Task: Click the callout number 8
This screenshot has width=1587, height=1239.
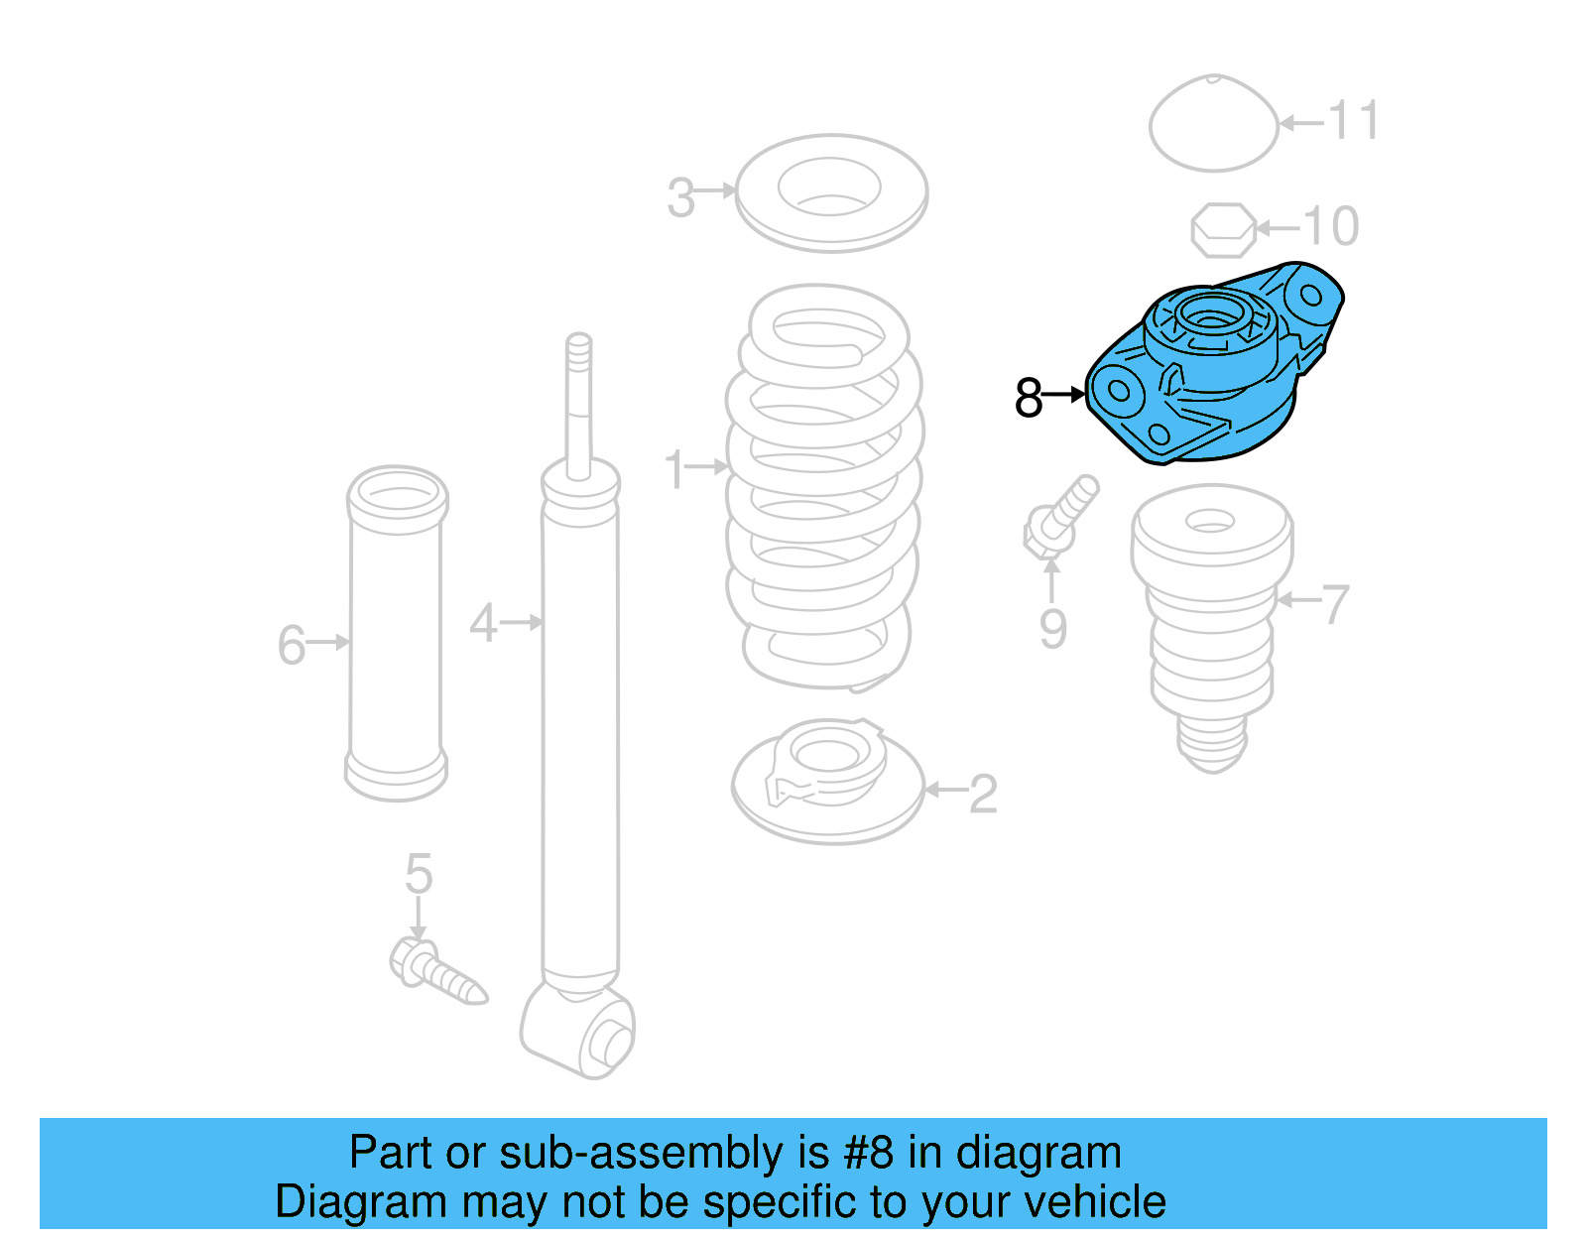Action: click(1028, 398)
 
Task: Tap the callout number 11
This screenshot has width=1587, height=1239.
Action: click(1353, 121)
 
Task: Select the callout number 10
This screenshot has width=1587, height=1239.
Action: click(1331, 226)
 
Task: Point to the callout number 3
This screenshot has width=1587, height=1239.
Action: click(680, 197)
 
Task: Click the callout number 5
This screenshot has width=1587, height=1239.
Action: click(419, 874)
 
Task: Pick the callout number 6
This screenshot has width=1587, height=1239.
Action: click(291, 645)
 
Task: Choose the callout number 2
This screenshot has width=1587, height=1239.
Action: click(982, 794)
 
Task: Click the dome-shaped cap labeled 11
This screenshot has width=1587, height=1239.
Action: click(1213, 124)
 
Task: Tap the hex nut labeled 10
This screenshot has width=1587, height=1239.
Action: click(1223, 230)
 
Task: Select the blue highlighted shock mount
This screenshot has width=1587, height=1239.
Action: click(1215, 367)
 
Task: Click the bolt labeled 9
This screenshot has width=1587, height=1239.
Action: click(1059, 516)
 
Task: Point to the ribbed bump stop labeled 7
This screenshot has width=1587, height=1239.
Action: click(1211, 625)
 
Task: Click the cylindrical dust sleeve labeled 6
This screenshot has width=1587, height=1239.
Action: click(397, 635)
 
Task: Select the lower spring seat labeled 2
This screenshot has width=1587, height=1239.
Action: click(827, 784)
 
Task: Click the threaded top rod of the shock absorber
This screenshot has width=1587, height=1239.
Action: click(578, 397)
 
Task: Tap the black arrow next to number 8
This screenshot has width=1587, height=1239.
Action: click(1065, 395)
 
